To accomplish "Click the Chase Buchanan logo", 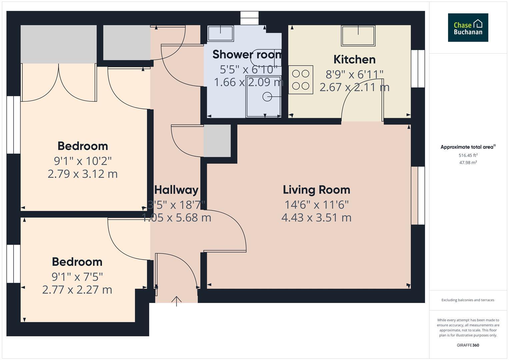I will click(x=468, y=28).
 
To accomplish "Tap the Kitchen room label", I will click(x=354, y=59).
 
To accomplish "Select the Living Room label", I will click(x=316, y=190).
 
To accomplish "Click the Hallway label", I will click(x=176, y=190).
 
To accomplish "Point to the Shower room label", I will click(x=247, y=54).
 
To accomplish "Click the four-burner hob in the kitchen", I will click(x=301, y=80).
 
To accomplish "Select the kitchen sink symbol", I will click(x=358, y=35).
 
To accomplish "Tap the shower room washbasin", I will click(x=220, y=33).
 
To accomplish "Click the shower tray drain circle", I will click(x=267, y=97).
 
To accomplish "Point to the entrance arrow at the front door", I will click(x=176, y=301).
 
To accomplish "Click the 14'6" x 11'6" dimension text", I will click(x=316, y=204).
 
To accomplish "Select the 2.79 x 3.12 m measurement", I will click(x=82, y=174).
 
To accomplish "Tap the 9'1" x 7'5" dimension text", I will click(x=77, y=277).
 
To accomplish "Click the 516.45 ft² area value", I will click(x=468, y=155).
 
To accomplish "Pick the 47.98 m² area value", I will click(x=468, y=163).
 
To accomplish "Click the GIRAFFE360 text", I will click(x=468, y=345).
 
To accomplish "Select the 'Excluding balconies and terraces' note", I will click(x=468, y=300).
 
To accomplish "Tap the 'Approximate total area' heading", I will click(x=468, y=147).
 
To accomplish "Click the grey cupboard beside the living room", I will click(x=217, y=141).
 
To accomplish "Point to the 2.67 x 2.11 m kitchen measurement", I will click(x=354, y=87).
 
